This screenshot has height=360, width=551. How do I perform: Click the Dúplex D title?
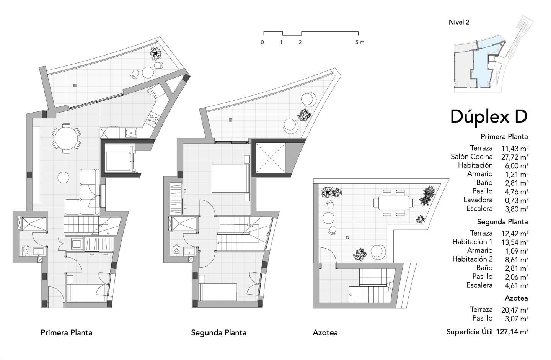click(x=489, y=116)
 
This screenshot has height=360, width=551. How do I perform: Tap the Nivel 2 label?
click(x=459, y=22)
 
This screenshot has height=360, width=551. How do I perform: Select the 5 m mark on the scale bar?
click(x=360, y=43)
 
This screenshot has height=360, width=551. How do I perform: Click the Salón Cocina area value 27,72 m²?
click(x=515, y=157)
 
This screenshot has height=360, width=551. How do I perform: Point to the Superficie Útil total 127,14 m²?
click(x=512, y=332)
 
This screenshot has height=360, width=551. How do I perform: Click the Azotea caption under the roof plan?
click(x=325, y=333)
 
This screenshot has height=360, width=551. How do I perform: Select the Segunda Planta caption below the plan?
click(x=219, y=333)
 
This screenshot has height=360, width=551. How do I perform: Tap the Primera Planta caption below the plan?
click(x=67, y=333)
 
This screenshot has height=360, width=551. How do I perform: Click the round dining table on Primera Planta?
click(x=66, y=138)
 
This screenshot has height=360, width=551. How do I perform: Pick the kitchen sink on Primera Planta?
click(x=131, y=133)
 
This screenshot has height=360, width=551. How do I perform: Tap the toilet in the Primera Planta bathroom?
click(x=26, y=250)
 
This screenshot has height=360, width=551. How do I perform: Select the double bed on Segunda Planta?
click(x=231, y=178)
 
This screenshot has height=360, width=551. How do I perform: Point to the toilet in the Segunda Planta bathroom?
click(x=176, y=250)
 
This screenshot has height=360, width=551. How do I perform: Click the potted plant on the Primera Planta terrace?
click(x=155, y=54)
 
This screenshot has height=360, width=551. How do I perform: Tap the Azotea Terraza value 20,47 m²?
click(x=515, y=310)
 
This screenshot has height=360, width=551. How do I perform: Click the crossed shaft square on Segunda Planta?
click(x=270, y=158)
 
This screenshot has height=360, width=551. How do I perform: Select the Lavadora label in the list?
click(x=478, y=200)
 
